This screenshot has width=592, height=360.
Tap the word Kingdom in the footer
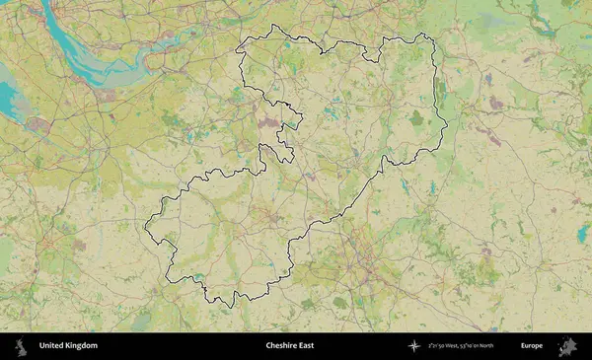[82, 346]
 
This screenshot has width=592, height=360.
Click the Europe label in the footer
[531, 346]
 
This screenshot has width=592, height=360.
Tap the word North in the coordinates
[488, 346]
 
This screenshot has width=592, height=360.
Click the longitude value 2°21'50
[437, 346]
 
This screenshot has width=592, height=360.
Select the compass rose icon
[414, 346]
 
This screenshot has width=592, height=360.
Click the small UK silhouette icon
[20, 346]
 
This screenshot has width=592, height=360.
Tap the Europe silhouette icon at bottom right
[568, 346]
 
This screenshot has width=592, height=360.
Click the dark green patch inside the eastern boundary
[416, 118]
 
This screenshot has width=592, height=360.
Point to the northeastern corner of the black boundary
[426, 36]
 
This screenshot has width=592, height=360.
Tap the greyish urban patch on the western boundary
[269, 123]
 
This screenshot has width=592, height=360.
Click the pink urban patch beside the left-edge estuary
[39, 125]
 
